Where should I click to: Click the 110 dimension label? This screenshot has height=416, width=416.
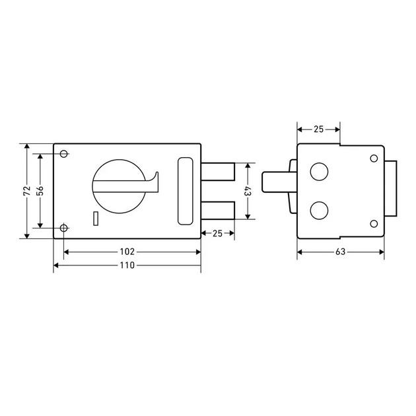[x=127, y=265]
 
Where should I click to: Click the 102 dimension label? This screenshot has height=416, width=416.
[x=127, y=252]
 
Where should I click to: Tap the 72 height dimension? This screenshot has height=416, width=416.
[x=27, y=191]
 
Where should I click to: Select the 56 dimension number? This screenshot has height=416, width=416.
[x=40, y=191]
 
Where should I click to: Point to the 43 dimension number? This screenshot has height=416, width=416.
[x=247, y=191]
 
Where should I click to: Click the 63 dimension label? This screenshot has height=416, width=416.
[x=340, y=252]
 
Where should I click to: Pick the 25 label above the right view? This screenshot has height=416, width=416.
[x=319, y=129]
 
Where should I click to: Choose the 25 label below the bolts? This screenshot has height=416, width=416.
[x=217, y=234]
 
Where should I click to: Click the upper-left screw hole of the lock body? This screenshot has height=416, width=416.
[x=63, y=154]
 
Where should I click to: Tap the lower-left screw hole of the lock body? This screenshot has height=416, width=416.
[x=63, y=228]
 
